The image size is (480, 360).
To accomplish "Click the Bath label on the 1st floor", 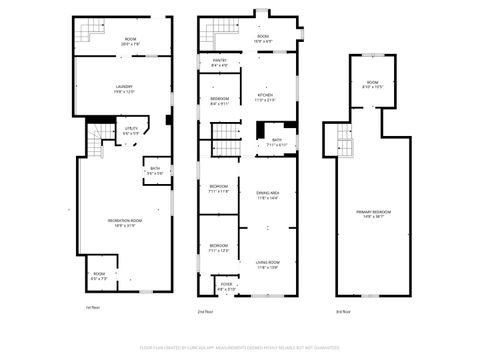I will coord(155,171).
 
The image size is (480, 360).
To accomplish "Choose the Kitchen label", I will coord(265,97).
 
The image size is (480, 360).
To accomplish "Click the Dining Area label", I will coord(267,195).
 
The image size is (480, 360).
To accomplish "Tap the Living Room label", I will coord(267,265).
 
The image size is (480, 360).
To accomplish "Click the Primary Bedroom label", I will coord(373,214).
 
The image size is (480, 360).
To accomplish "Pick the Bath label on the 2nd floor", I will coord(276,142).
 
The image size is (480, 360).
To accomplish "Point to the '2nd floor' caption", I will coord(205,312).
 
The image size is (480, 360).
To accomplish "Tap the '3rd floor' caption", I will coord(342,312).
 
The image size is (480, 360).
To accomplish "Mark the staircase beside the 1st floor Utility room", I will coord(97,141).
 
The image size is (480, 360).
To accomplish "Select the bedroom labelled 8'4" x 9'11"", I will coord(219,101).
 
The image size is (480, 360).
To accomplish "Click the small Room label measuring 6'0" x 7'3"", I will coord(99,275).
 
